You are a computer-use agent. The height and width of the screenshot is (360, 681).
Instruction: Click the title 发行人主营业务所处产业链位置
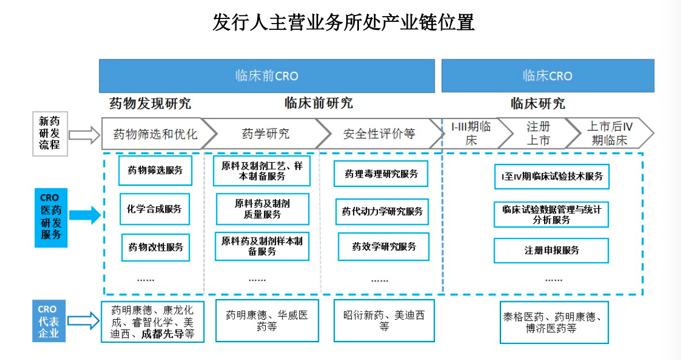point(343,23)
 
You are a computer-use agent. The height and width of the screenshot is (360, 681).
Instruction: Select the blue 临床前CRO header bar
point(266,75)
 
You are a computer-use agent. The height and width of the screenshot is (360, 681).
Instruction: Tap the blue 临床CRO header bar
point(547,75)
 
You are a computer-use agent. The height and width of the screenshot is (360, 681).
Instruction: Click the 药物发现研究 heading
point(150,104)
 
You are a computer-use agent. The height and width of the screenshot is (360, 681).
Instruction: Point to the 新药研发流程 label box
point(49,134)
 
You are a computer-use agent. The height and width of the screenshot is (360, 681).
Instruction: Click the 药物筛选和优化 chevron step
point(155,134)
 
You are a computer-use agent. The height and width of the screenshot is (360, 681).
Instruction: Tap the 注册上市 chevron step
point(537,133)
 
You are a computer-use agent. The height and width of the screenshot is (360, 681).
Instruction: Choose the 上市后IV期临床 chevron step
point(609,133)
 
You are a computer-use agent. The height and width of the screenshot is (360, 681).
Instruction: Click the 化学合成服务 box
point(154,209)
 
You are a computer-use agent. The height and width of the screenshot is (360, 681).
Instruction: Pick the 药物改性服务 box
point(155,247)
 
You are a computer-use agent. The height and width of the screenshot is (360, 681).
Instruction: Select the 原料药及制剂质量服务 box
point(262,209)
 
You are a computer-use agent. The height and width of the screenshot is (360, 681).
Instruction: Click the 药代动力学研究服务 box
point(382,212)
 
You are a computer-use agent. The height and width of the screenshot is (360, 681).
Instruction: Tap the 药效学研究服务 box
point(384,247)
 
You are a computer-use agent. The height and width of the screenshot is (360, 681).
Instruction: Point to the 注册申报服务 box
point(551,250)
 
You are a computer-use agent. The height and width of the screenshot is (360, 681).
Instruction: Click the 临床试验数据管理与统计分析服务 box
point(551,214)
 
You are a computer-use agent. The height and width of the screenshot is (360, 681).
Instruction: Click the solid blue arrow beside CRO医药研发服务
point(85,216)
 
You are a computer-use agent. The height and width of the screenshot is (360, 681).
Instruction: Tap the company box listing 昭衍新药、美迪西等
point(384,320)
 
